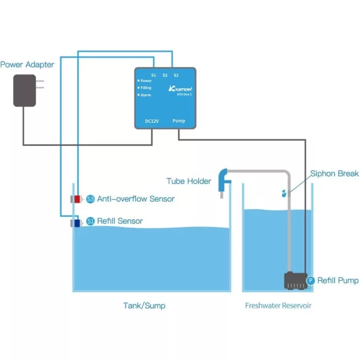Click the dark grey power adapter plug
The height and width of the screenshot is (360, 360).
[25, 90]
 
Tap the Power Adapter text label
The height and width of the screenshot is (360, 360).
[27, 65]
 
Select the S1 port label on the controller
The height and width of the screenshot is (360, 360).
[154, 75]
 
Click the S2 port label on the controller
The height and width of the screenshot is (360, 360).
[165, 75]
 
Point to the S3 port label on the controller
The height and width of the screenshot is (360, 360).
[176, 75]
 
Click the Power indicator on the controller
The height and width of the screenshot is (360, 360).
[145, 81]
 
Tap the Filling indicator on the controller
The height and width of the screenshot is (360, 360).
[145, 88]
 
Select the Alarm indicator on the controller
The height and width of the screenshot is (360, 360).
[144, 95]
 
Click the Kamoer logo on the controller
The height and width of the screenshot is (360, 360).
[180, 89]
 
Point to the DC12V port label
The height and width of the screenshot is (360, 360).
[152, 121]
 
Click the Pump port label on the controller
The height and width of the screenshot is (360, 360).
[178, 121]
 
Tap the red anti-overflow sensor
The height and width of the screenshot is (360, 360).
[77, 199]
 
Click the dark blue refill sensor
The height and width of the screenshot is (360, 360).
[77, 223]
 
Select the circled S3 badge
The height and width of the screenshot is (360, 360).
[90, 199]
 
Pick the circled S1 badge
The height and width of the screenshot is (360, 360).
[90, 221]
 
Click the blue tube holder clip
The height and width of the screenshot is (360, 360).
[223, 180]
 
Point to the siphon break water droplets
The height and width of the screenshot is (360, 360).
[284, 193]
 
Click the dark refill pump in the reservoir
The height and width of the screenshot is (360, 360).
[296, 281]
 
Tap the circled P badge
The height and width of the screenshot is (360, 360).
[310, 281]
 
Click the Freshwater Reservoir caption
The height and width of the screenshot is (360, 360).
[278, 306]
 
